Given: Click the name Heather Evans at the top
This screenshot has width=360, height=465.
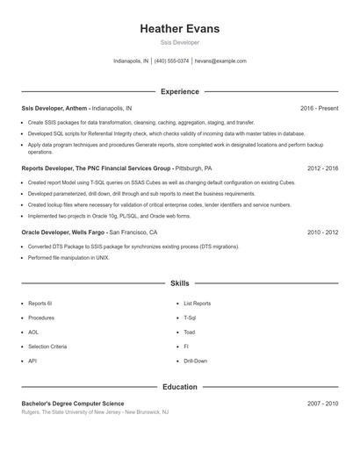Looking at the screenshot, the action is pos(179,29).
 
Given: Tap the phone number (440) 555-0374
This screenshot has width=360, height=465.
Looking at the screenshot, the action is pos(172,61).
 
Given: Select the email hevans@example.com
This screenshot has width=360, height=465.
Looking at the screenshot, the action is pos(220,61).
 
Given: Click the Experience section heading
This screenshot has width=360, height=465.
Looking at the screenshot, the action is pos(179,91).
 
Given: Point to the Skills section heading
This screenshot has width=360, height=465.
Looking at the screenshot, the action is pos(179,284).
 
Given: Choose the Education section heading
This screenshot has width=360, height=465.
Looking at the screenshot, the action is pos(179,386).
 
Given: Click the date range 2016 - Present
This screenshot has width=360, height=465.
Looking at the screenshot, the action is pos(319,108).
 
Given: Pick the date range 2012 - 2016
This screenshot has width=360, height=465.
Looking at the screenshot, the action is pos(322,167).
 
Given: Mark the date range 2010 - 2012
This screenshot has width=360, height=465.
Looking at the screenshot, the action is pos(322,232).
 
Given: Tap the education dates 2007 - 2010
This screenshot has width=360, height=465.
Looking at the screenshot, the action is pos(322,403).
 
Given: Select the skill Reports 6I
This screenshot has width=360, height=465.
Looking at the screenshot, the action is pos(40,304).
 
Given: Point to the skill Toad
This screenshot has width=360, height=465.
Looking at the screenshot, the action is pos(190,333).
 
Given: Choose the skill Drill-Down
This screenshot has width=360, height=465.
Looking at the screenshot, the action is pos(196,361).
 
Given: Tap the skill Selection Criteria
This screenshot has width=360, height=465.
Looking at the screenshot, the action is pos(47,347).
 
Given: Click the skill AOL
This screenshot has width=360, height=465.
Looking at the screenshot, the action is pos(33,333).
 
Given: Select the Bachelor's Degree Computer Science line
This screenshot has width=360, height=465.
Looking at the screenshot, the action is pos(79,403).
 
